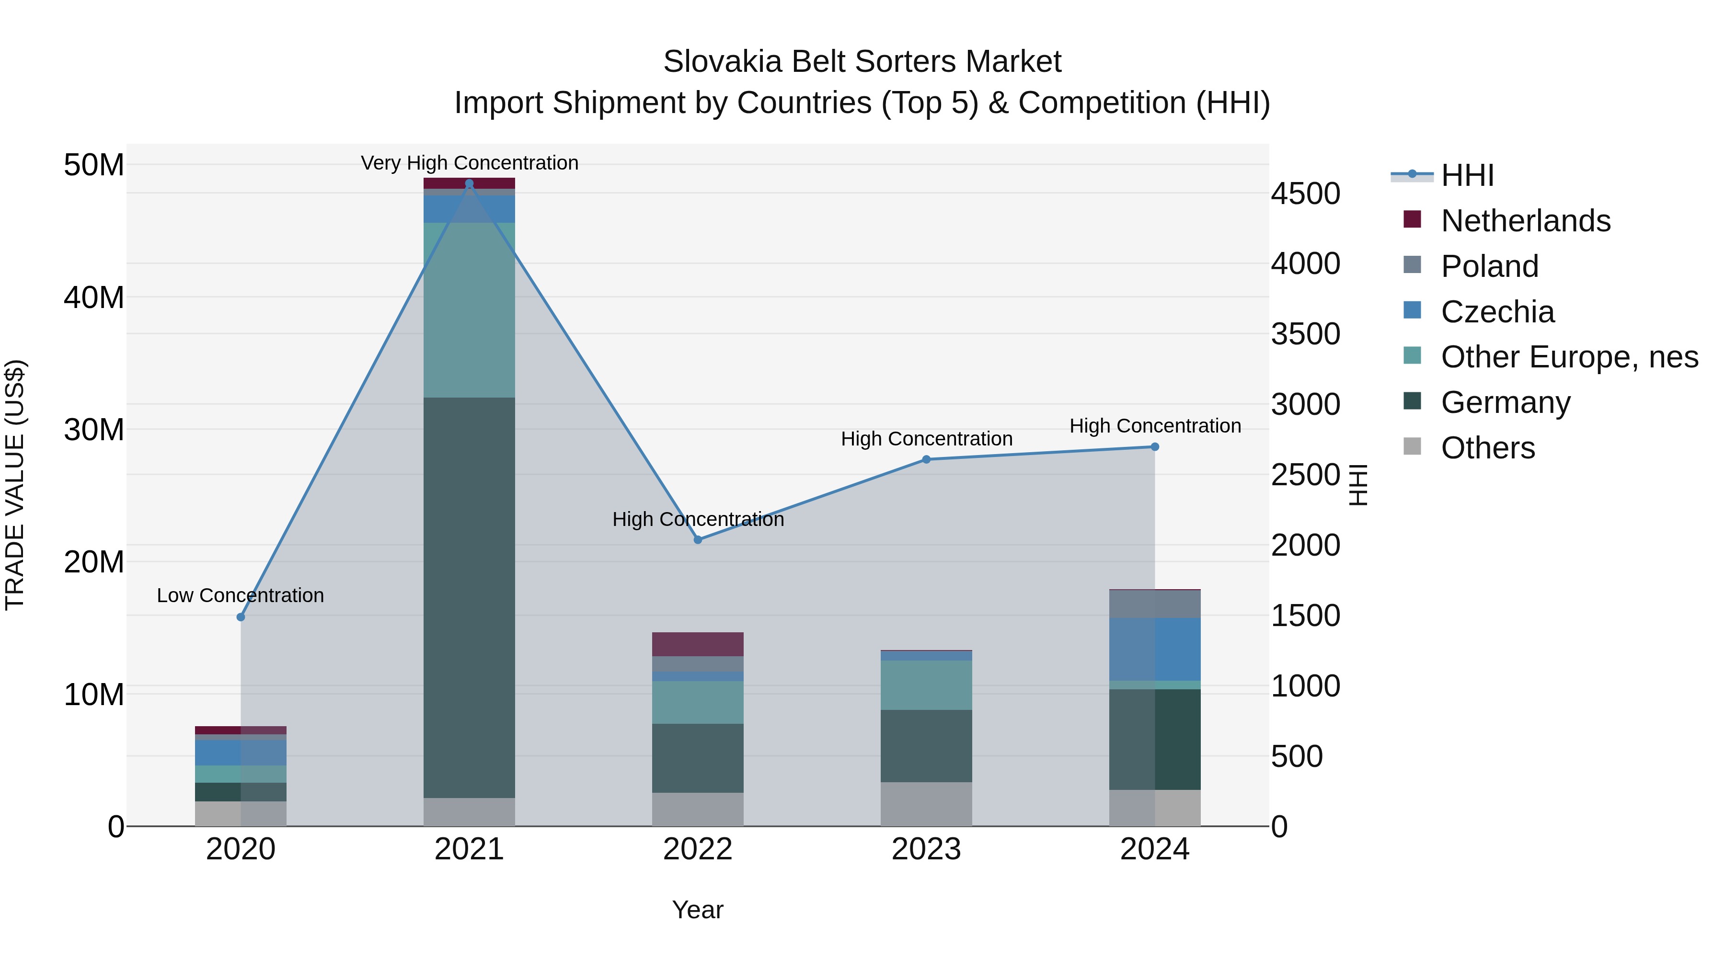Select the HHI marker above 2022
tap(698, 539)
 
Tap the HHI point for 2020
tap(241, 616)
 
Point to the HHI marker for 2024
tap(1154, 446)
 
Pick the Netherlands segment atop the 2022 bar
tap(698, 644)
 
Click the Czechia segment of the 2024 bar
tap(1154, 650)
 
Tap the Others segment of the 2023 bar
tap(926, 803)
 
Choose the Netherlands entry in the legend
tap(1526, 221)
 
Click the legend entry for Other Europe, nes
tap(1569, 357)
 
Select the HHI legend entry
tap(1467, 175)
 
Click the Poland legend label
tap(1489, 266)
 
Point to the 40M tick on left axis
tap(94, 297)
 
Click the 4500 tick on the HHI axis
tap(1305, 194)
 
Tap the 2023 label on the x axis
tap(926, 849)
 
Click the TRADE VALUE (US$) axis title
tap(15, 485)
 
